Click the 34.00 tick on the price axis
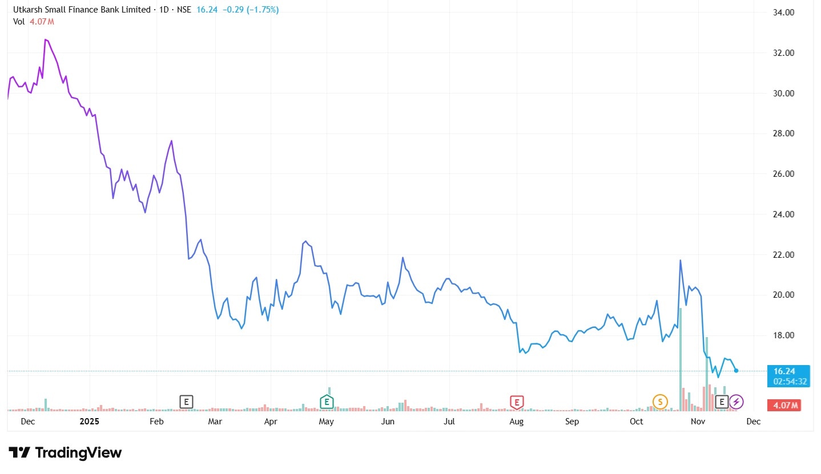pos(784,13)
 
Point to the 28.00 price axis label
pos(784,133)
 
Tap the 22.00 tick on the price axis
pos(784,254)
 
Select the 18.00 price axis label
pos(784,335)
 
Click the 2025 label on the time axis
pos(90,422)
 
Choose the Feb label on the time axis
pos(156,422)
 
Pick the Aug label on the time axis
pos(516,422)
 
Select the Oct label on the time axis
pos(636,422)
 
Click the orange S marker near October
pos(660,402)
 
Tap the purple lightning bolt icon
pos(737,402)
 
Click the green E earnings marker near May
pos(326,402)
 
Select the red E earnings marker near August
pos(517,402)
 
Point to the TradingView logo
pos(65,453)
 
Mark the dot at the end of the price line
pos(736,371)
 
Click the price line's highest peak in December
pos(45,39)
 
